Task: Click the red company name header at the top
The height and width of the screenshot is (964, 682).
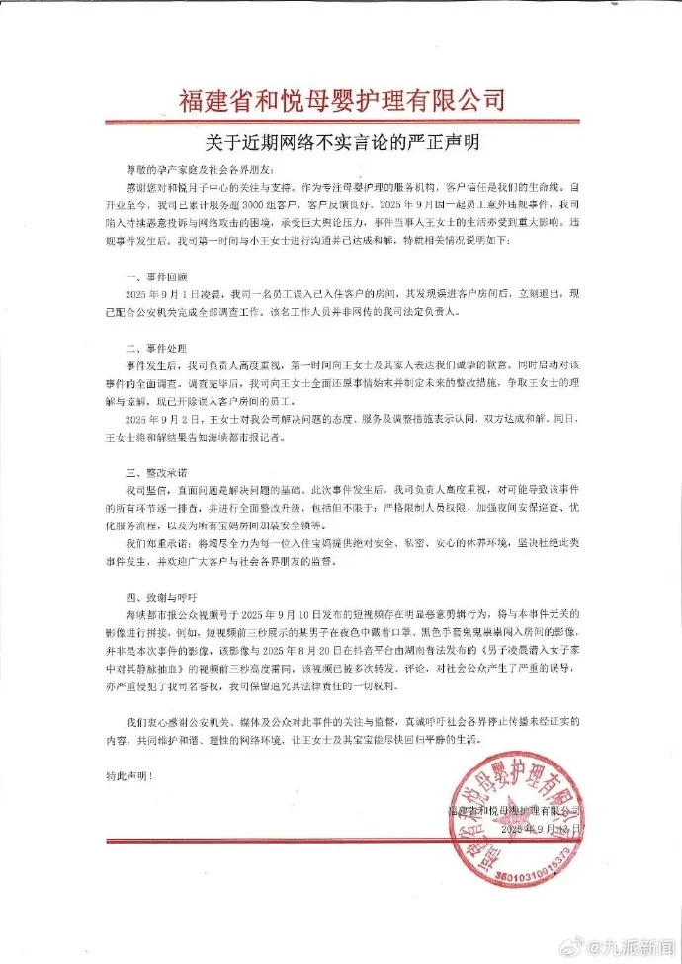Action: click(341, 99)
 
